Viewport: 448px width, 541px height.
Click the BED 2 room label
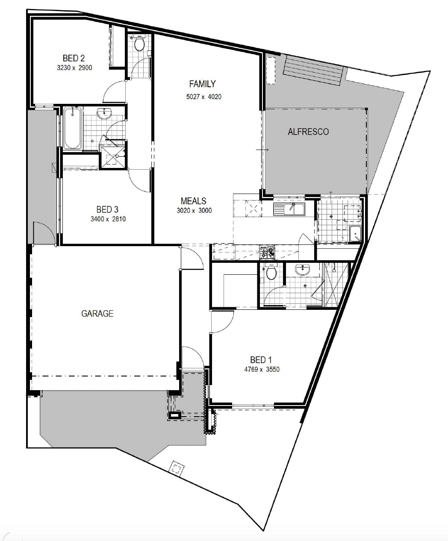click(x=74, y=58)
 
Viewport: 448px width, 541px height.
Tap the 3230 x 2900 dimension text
click(x=74, y=68)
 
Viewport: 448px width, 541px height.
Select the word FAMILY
click(x=202, y=84)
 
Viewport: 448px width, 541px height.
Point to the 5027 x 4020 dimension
click(x=204, y=97)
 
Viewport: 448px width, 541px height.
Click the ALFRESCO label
click(x=308, y=132)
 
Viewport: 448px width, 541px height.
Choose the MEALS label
click(x=193, y=201)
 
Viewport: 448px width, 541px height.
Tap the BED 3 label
click(x=107, y=209)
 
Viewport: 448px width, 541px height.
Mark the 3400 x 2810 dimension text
click(x=108, y=219)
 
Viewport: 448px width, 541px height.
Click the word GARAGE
click(x=97, y=314)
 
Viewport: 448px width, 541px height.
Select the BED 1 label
click(x=261, y=360)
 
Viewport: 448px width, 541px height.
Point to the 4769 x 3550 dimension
click(x=262, y=369)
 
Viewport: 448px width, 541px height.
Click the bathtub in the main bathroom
click(x=72, y=128)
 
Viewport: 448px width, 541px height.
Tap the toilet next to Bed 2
click(x=139, y=43)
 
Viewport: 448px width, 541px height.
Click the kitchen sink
click(x=289, y=209)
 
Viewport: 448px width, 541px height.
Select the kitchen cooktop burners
click(x=267, y=253)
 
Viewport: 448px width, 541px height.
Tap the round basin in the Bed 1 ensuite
click(x=302, y=270)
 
